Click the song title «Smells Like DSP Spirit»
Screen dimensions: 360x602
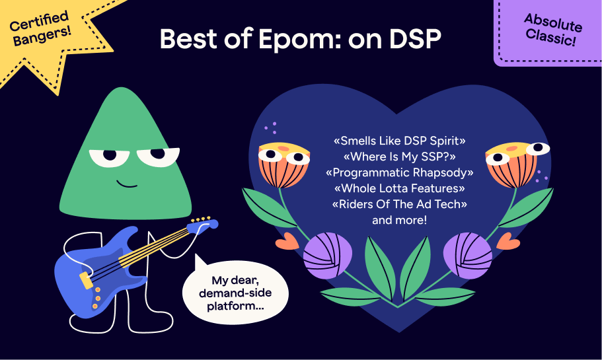pyautogui.click(x=400, y=141)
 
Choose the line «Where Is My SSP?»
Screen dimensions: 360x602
pyautogui.click(x=400, y=157)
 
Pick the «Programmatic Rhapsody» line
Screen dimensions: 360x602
pyautogui.click(x=400, y=172)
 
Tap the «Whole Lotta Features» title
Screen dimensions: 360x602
pyautogui.click(x=400, y=188)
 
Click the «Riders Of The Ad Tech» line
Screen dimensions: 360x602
pyautogui.click(x=400, y=204)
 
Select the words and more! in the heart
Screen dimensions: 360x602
pyautogui.click(x=400, y=220)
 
